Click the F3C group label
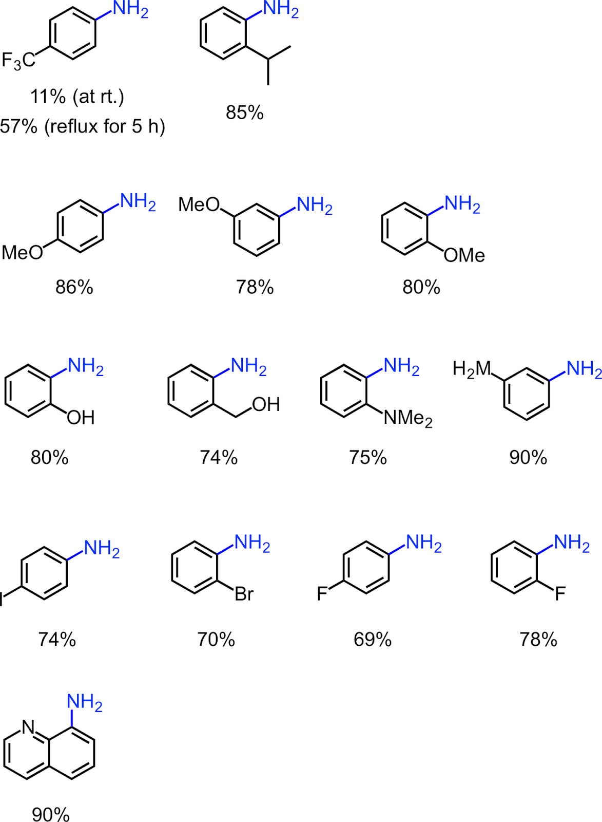(x=18, y=60)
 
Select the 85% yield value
(x=244, y=113)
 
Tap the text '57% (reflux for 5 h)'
(x=83, y=126)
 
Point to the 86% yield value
(x=74, y=287)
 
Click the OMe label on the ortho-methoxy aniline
(x=464, y=255)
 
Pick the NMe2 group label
(x=408, y=419)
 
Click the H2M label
(x=472, y=369)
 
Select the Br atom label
(x=244, y=594)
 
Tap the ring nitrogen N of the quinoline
(x=29, y=727)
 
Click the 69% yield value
(x=372, y=640)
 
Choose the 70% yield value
(x=216, y=640)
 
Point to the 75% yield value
(x=367, y=457)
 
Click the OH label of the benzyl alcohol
(x=266, y=405)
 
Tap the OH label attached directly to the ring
(x=81, y=418)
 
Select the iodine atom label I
(x=2, y=600)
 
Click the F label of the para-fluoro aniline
(x=322, y=594)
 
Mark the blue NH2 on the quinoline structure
(x=85, y=702)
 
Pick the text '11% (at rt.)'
(x=77, y=97)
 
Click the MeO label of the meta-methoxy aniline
(x=199, y=205)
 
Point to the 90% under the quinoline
(x=50, y=814)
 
